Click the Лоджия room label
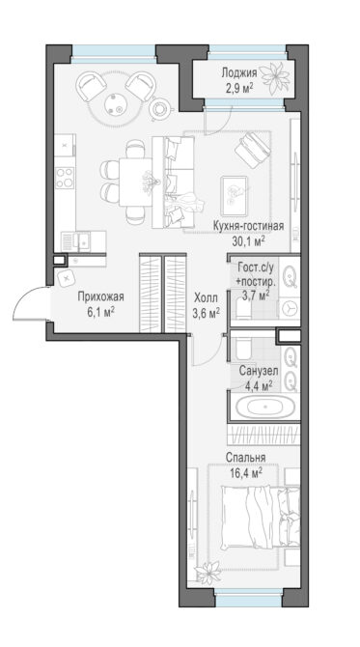[239, 73]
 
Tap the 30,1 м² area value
[248, 241]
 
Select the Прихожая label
[100, 297]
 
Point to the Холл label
[207, 297]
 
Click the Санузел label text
[259, 371]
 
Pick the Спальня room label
[245, 458]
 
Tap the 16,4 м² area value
[246, 472]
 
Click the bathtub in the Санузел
[265, 408]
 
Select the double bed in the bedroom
[261, 517]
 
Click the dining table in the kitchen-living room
[135, 182]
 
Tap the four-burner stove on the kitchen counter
[65, 178]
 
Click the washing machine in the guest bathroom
[290, 307]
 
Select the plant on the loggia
[277, 75]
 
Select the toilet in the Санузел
[243, 349]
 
